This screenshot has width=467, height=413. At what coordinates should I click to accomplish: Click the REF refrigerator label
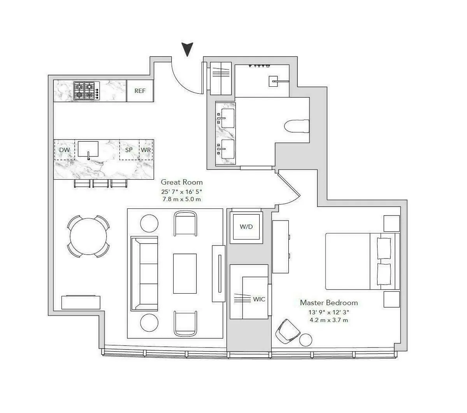[140, 91]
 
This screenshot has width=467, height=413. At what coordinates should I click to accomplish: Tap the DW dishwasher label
[64, 150]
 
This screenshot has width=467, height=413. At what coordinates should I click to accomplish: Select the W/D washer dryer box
[246, 226]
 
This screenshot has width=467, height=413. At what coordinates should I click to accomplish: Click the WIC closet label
[259, 299]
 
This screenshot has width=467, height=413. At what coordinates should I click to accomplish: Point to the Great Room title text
[182, 182]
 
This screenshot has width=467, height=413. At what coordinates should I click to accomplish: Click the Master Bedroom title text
[328, 303]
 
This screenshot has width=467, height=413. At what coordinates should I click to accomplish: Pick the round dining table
[88, 236]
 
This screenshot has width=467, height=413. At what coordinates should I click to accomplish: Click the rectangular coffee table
[185, 273]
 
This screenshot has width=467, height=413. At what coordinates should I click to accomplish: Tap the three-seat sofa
[144, 273]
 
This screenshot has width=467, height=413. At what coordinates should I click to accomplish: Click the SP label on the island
[129, 150]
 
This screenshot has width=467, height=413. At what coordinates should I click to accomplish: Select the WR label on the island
[146, 150]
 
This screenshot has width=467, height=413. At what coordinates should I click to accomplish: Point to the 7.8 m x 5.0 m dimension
[182, 199]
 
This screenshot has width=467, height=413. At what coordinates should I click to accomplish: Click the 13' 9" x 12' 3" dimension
[328, 312]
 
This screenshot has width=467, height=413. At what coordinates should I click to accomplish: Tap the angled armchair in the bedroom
[287, 331]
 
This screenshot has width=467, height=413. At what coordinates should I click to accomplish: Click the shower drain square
[272, 81]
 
